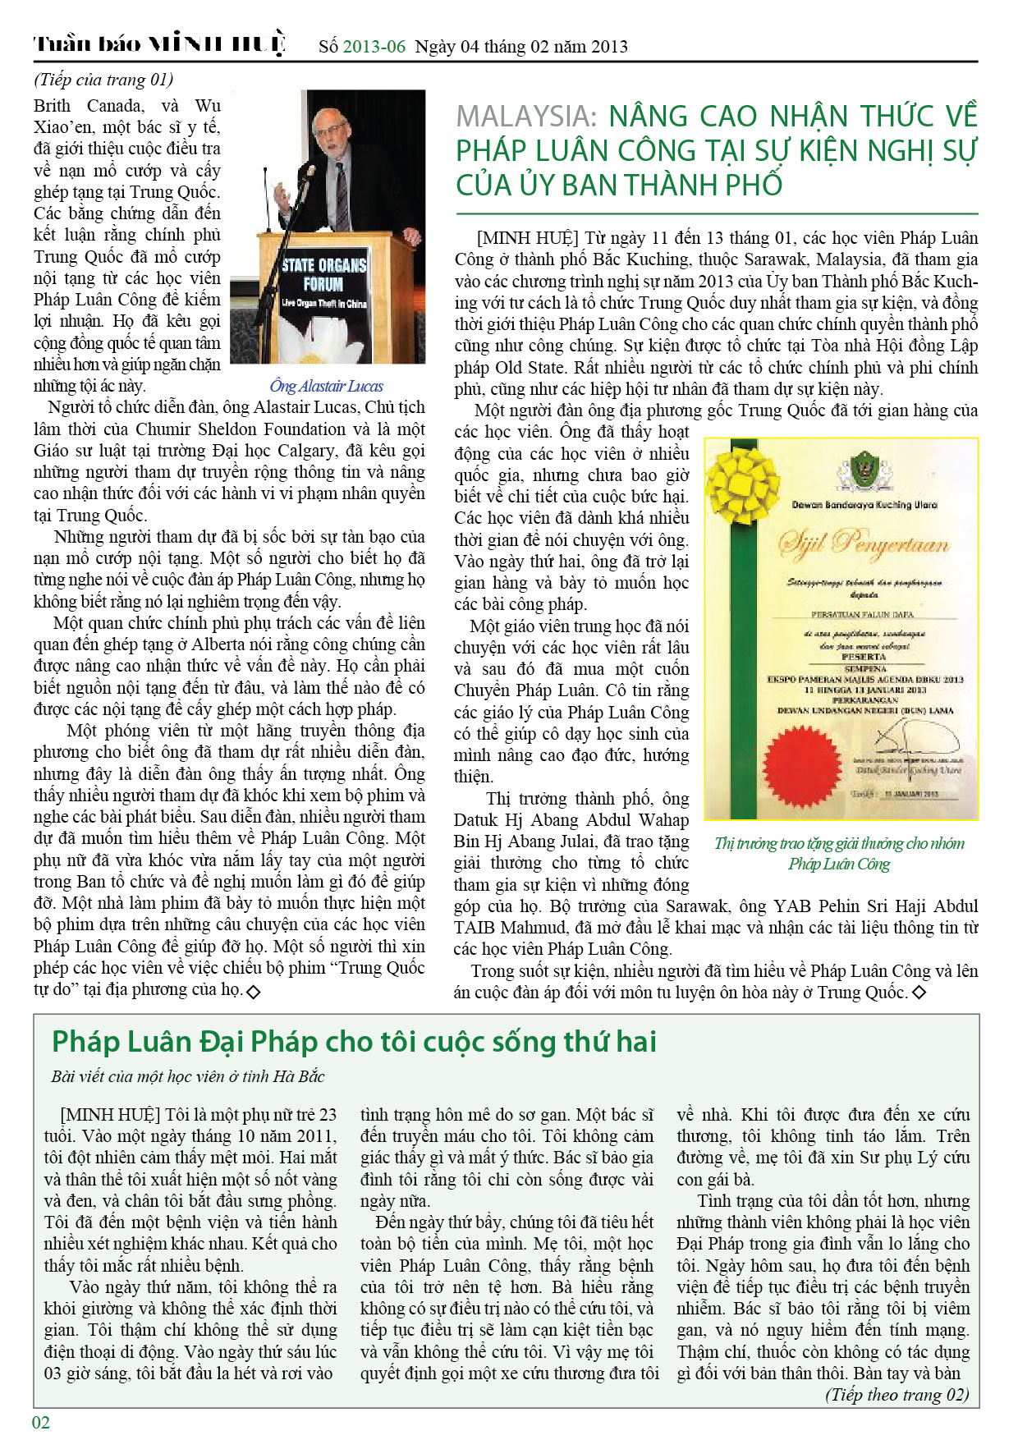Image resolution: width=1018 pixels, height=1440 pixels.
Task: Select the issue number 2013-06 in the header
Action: (374, 47)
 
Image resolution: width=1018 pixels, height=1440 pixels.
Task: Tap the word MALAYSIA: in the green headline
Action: (526, 117)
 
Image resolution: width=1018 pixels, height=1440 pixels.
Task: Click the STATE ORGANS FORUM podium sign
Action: (323, 283)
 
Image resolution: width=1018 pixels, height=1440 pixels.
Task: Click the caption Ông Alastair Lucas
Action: (326, 386)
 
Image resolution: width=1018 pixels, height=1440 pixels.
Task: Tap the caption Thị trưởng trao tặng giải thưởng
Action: (839, 853)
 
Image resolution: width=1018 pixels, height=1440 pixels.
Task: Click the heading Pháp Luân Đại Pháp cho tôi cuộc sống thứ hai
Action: (354, 1042)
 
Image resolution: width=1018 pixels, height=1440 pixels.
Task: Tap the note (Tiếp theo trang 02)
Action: (896, 1395)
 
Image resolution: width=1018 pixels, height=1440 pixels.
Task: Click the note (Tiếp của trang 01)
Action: (103, 80)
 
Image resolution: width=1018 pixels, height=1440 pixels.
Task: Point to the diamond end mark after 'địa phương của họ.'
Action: (254, 992)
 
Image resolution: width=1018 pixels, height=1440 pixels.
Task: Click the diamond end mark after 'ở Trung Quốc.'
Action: (919, 993)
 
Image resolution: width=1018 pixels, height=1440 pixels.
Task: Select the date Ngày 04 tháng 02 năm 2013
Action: (521, 47)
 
